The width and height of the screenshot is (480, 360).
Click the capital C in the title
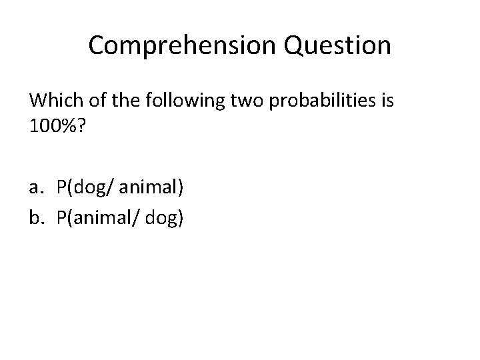[x=97, y=45]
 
